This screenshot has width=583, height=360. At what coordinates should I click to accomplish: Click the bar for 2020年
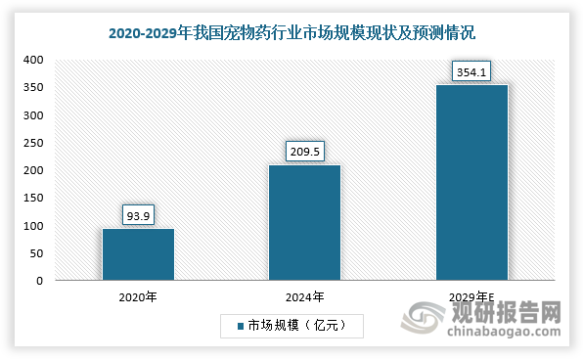tap(138, 254)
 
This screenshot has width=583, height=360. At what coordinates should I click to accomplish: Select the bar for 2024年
tap(304, 223)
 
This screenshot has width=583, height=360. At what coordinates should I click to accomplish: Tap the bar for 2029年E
tap(471, 183)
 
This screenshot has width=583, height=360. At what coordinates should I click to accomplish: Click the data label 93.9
tap(138, 213)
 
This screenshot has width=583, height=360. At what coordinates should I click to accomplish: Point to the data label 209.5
tap(304, 151)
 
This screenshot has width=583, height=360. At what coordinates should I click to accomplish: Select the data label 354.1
tap(471, 70)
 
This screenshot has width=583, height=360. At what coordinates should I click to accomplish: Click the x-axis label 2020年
tap(138, 296)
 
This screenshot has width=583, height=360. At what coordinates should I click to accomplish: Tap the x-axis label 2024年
tap(304, 296)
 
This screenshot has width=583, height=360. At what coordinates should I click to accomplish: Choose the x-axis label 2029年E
tap(471, 296)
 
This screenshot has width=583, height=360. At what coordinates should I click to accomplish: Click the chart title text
tap(291, 33)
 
